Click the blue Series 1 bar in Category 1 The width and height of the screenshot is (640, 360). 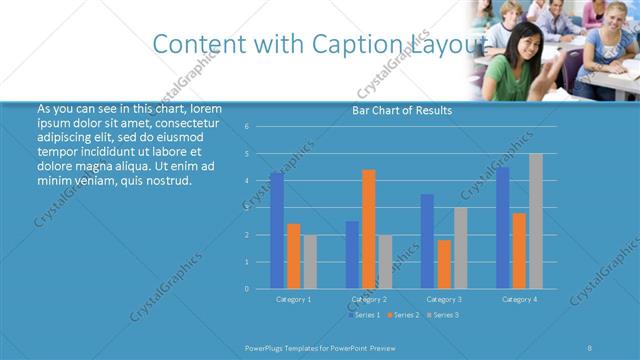pyautogui.click(x=276, y=231)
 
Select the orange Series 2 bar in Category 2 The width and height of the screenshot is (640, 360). pyautogui.click(x=369, y=229)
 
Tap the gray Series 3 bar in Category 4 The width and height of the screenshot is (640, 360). pyautogui.click(x=536, y=221)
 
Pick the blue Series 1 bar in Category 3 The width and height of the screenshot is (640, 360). pyautogui.click(x=427, y=241)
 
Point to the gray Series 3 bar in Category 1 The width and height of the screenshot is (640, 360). pyautogui.click(x=310, y=262)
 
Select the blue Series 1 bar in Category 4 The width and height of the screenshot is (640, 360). pyautogui.click(x=502, y=228)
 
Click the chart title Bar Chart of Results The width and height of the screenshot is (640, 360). pyautogui.click(x=402, y=111)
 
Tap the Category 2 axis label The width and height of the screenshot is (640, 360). pyautogui.click(x=369, y=299)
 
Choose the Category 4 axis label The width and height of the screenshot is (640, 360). pyautogui.click(x=519, y=299)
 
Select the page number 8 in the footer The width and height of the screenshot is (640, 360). pyautogui.click(x=589, y=347)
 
